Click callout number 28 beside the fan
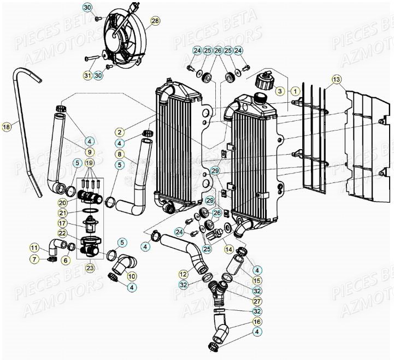[155, 21]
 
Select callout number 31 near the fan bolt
[87, 75]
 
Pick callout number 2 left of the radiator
[119, 132]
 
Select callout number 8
[119, 154]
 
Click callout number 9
[89, 151]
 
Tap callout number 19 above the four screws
[89, 163]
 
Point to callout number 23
[89, 268]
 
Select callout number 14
[228, 249]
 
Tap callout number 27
[257, 301]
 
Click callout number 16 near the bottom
[257, 322]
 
